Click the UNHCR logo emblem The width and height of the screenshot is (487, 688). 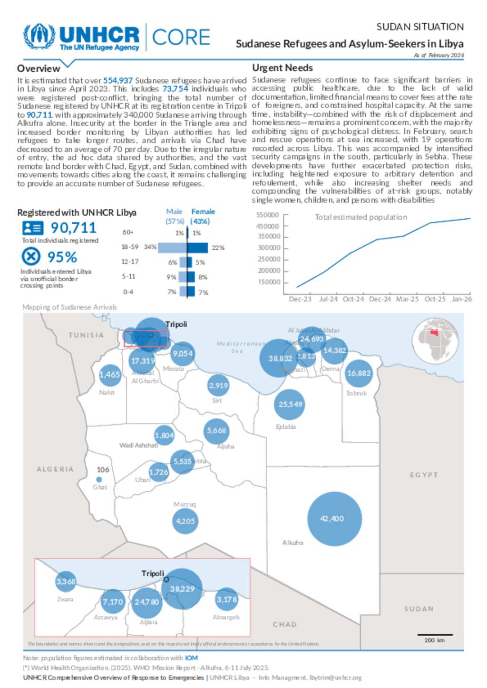39,37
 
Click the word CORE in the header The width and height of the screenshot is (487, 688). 181,38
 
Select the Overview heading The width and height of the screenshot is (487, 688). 39,68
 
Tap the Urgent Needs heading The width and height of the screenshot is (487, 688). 282,68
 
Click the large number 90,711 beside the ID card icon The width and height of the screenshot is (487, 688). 73,228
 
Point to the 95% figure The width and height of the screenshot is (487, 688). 62,257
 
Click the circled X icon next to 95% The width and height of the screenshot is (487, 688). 31,257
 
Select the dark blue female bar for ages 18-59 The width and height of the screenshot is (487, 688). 197,247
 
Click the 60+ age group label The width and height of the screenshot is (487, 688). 128,232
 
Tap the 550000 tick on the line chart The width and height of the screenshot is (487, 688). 267,215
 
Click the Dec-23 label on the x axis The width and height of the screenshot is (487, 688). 300,299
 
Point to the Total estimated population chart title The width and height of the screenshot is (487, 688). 360,217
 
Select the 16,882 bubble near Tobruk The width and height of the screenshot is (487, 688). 359,373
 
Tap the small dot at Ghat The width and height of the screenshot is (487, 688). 99,480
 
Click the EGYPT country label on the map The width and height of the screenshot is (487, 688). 424,475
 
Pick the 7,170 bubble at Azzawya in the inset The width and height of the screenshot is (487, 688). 113,602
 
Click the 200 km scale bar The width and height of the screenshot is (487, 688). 435,635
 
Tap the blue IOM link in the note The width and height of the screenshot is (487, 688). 191,658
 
